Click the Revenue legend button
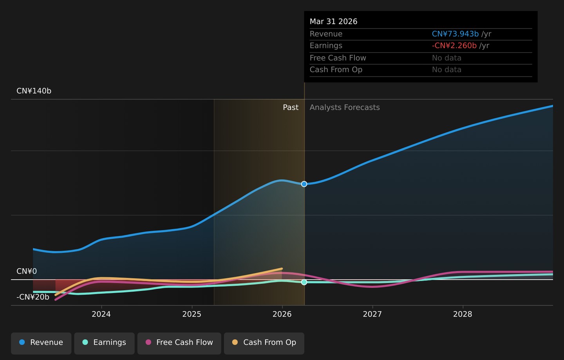point(41,344)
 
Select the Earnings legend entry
point(104,344)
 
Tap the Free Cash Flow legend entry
point(179,344)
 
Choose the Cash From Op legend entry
point(264,344)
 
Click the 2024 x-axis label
point(101,314)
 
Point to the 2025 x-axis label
point(192,314)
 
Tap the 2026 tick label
point(282,314)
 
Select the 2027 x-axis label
point(372,314)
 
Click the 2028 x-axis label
point(463,314)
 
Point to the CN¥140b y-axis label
point(34,91)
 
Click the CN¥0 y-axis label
point(27,271)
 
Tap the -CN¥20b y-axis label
point(33,297)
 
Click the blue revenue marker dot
point(304,184)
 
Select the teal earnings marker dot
point(304,282)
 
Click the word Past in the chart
point(291,107)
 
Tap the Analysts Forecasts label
point(345,107)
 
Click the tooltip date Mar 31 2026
point(334,22)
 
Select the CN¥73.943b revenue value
point(455,34)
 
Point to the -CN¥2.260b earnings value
point(454,45)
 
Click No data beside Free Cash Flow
point(446,58)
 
